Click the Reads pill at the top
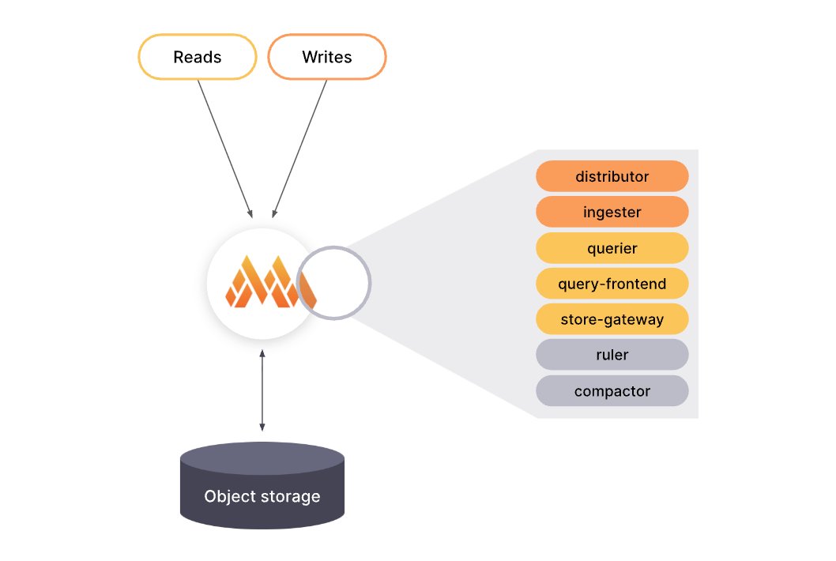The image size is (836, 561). click(x=198, y=58)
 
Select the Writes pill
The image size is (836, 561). click(x=326, y=58)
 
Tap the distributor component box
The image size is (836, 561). click(x=612, y=176)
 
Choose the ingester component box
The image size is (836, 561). click(x=612, y=212)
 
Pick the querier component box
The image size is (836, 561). click(x=612, y=248)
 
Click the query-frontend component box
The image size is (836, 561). click(x=612, y=284)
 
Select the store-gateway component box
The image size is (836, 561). click(x=612, y=320)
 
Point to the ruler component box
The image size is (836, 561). click(x=612, y=355)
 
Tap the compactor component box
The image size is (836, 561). click(x=612, y=391)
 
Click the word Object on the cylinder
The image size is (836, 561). click(x=227, y=497)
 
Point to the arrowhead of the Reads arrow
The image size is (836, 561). click(x=250, y=213)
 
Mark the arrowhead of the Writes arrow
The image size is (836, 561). click(x=273, y=213)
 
